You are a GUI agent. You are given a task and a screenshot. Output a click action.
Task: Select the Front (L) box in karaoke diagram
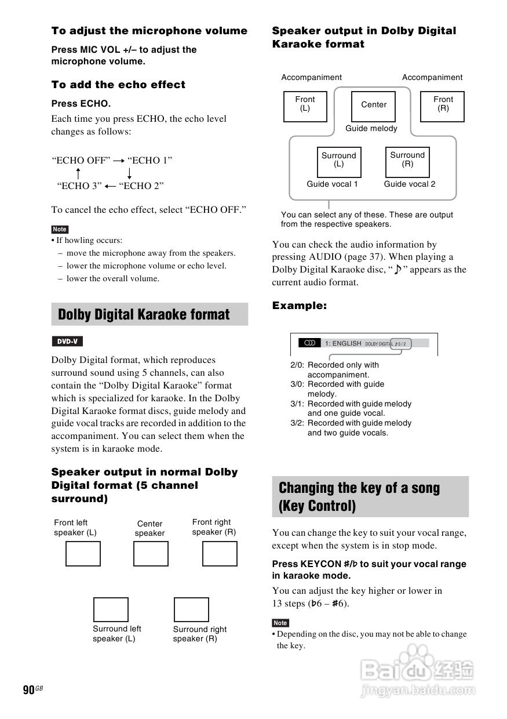pyautogui.click(x=305, y=107)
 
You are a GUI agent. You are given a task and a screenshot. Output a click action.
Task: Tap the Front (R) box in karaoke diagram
pyautogui.click(x=442, y=107)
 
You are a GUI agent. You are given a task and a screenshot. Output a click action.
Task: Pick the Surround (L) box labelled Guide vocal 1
pyautogui.click(x=339, y=162)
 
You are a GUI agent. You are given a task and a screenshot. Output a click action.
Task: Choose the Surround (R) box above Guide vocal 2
pyautogui.click(x=407, y=162)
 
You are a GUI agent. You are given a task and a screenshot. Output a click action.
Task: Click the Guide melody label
pyautogui.click(x=371, y=129)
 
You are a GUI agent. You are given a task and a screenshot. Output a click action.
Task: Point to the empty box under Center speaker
pyautogui.click(x=151, y=554)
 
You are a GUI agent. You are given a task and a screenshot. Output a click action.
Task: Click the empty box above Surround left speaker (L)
pyautogui.click(x=111, y=609)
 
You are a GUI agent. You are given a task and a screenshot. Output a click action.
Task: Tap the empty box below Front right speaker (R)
pyautogui.click(x=220, y=554)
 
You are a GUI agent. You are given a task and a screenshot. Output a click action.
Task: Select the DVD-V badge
pyautogui.click(x=67, y=342)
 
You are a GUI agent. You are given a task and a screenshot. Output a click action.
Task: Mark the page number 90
pyautogui.click(x=29, y=689)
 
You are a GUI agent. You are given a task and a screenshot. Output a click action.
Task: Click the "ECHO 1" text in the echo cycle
pyautogui.click(x=150, y=161)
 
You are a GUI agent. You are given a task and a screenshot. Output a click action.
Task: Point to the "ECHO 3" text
pyautogui.click(x=79, y=186)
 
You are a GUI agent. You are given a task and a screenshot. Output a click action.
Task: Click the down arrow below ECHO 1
pyautogui.click(x=129, y=173)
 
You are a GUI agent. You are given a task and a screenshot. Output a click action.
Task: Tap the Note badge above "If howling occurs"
pyautogui.click(x=60, y=229)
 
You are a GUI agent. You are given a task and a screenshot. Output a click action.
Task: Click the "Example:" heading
pyautogui.click(x=300, y=306)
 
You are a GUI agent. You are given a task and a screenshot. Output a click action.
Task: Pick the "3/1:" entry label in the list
pyautogui.click(x=298, y=404)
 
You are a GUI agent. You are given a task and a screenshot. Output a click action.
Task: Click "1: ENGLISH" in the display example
pyautogui.click(x=343, y=343)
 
